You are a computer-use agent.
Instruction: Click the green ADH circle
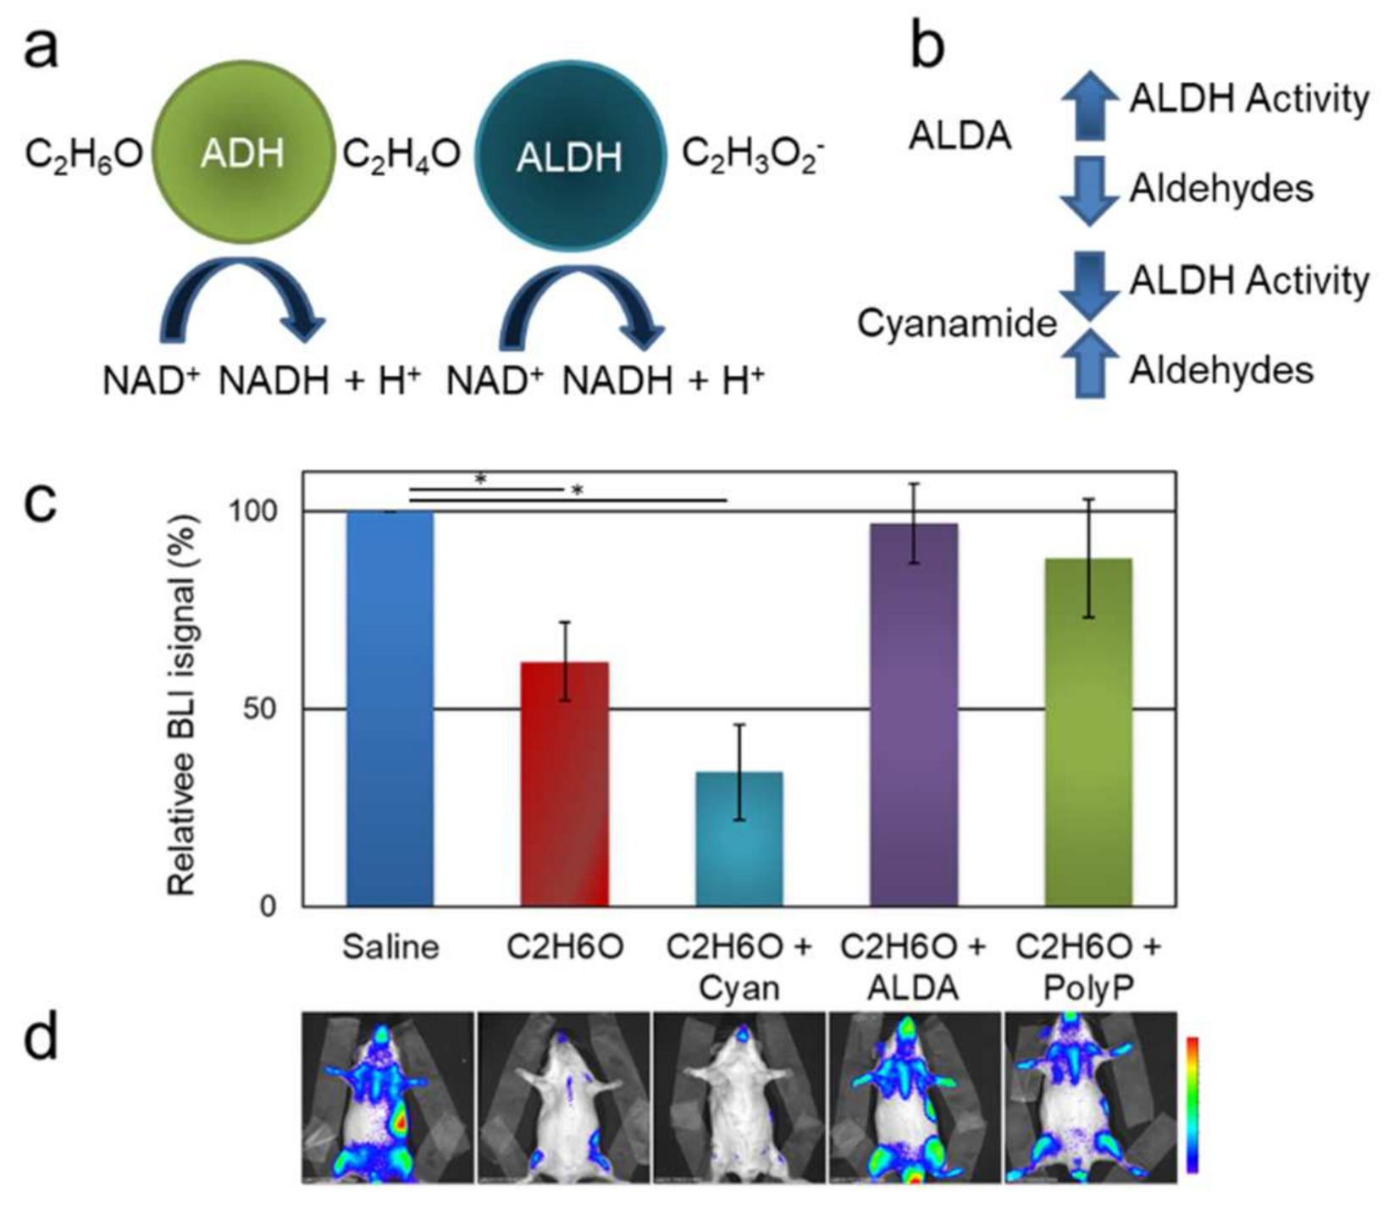pos(243,152)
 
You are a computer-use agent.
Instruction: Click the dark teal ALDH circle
pos(568,156)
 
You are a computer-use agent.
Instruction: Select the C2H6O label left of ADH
pos(84,155)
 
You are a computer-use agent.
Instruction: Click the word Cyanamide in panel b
pos(956,323)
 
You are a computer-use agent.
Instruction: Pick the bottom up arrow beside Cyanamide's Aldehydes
pos(1089,364)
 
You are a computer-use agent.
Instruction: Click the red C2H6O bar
pos(565,783)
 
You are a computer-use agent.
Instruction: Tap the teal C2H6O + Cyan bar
pos(739,838)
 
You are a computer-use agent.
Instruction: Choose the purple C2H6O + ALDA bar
pos(914,714)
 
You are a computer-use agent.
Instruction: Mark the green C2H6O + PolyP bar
pos(1088,732)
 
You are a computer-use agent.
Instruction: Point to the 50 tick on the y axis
pos(259,709)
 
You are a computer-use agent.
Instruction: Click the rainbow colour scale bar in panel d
pos(1192,1104)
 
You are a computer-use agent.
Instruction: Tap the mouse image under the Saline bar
pos(389,1097)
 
